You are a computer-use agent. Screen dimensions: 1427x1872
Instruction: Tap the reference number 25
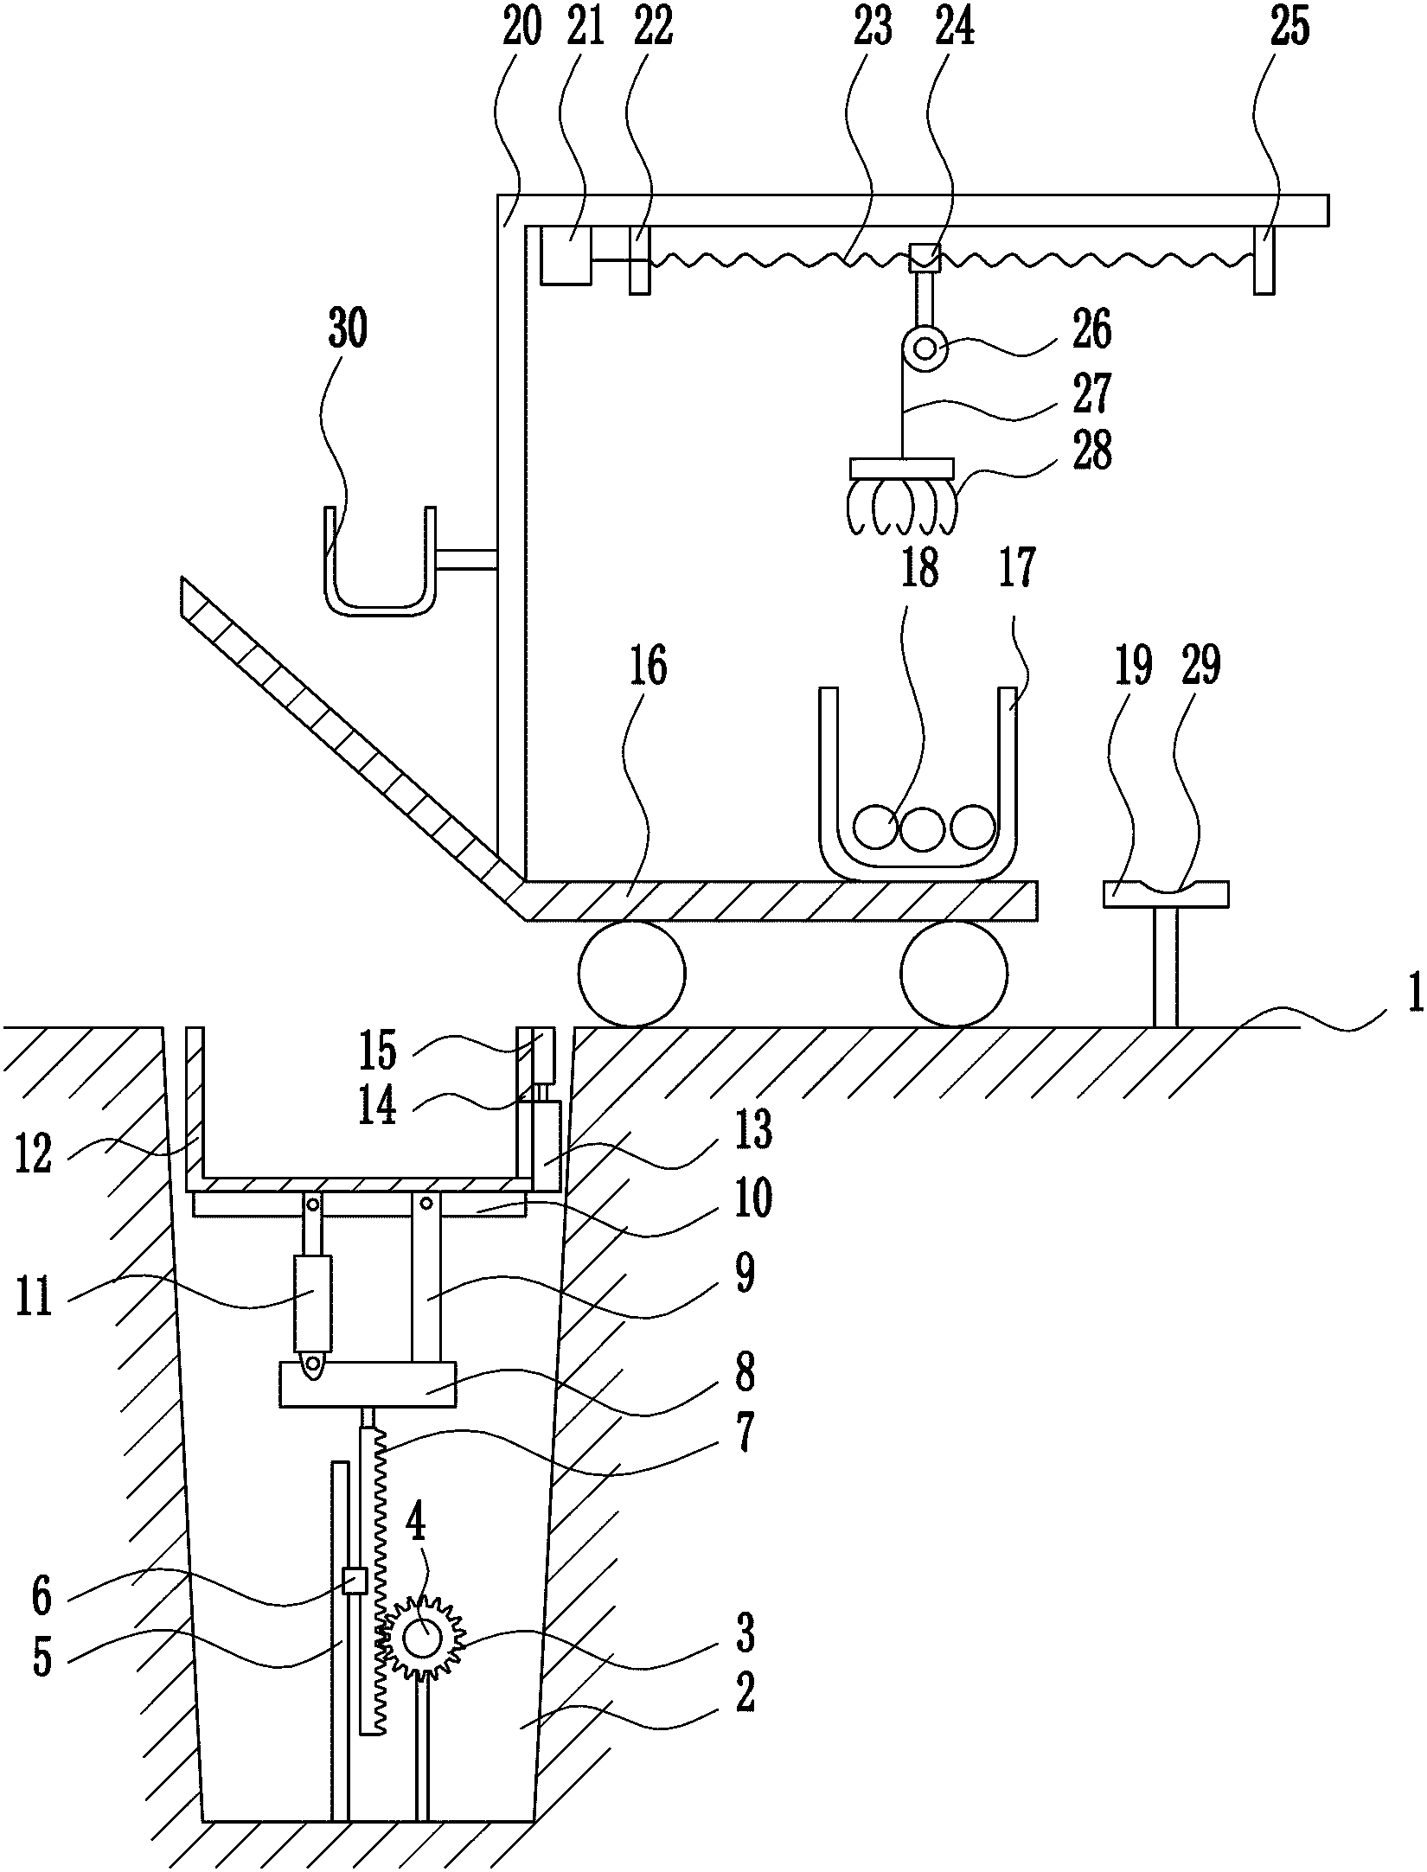pyautogui.click(x=1289, y=30)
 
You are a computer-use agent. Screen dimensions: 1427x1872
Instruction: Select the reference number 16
pyautogui.click(x=649, y=668)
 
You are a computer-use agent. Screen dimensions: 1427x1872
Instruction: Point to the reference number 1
pyautogui.click(x=1413, y=994)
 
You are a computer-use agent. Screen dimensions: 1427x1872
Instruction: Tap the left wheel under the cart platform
pyautogui.click(x=632, y=974)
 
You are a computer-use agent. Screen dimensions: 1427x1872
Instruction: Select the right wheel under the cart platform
pyautogui.click(x=955, y=974)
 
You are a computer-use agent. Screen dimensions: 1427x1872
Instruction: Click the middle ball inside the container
pyautogui.click(x=923, y=827)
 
